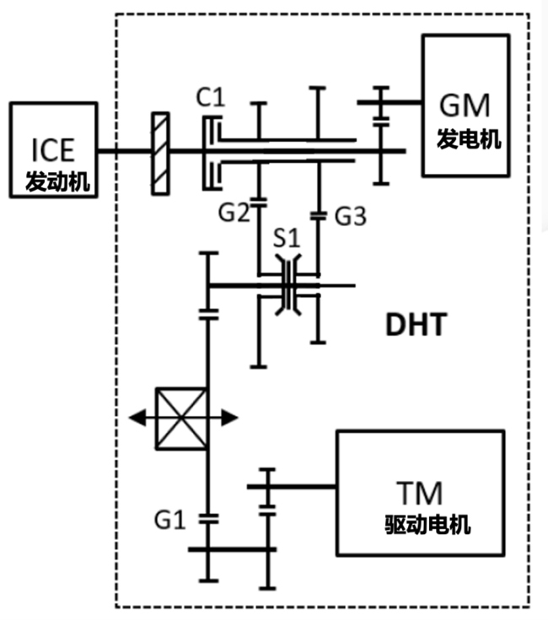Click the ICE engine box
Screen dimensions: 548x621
[x=53, y=149]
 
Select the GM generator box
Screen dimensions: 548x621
[x=465, y=105]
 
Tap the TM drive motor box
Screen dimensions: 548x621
[x=420, y=493]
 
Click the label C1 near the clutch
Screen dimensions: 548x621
[x=211, y=97]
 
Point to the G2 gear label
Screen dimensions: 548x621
[x=234, y=213]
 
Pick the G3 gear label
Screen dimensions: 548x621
[x=351, y=216]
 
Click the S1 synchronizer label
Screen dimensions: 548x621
[x=287, y=239]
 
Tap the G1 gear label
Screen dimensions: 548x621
[x=169, y=520]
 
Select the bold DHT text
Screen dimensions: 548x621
[x=416, y=324]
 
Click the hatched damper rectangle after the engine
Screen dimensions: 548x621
[x=161, y=154]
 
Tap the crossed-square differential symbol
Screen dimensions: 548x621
[x=181, y=418]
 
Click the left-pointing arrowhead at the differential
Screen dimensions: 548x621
[x=137, y=418]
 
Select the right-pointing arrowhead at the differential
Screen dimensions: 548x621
[x=229, y=418]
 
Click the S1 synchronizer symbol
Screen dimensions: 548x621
[x=288, y=285]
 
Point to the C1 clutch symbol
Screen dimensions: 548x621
[x=212, y=153]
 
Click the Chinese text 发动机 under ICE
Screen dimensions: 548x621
[x=58, y=181]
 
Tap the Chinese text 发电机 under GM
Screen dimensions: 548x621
[x=469, y=139]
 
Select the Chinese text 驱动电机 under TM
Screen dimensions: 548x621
[x=427, y=525]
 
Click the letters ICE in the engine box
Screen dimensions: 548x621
[x=53, y=150]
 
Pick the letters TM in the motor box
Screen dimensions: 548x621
[x=419, y=493]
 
